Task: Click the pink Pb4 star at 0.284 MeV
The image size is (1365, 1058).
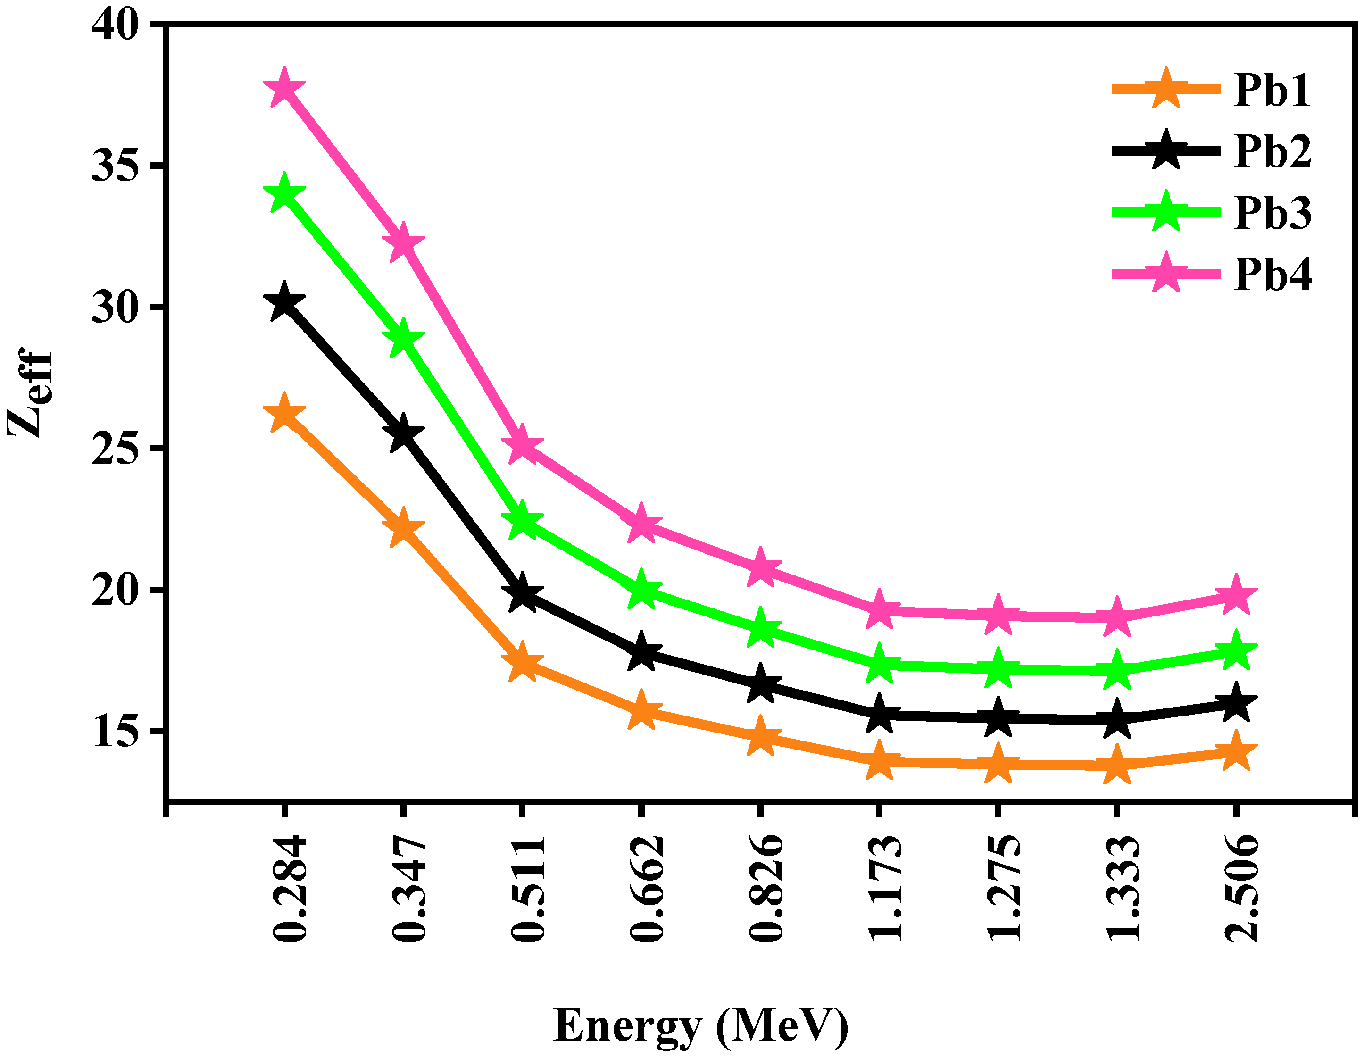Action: coord(284,87)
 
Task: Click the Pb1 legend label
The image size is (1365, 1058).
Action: coord(1272,91)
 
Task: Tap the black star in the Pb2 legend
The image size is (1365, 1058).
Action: coord(1166,150)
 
